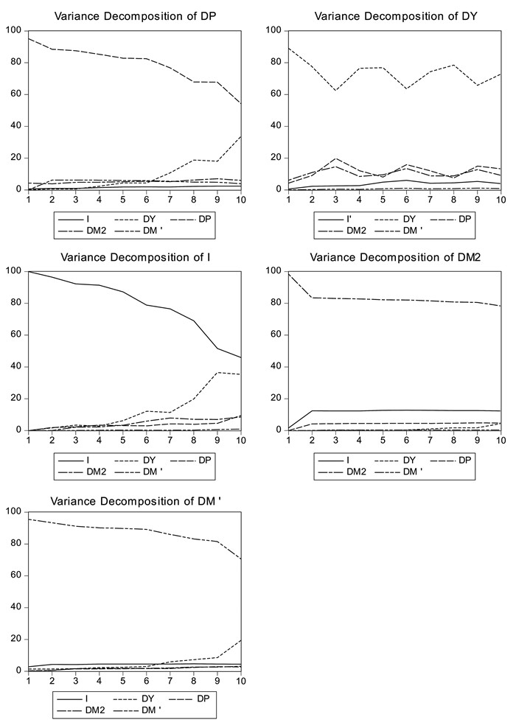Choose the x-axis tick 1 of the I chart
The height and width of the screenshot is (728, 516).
[28, 440]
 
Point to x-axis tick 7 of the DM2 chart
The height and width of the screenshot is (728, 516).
[429, 440]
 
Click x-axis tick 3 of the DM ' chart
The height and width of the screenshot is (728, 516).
[75, 681]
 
